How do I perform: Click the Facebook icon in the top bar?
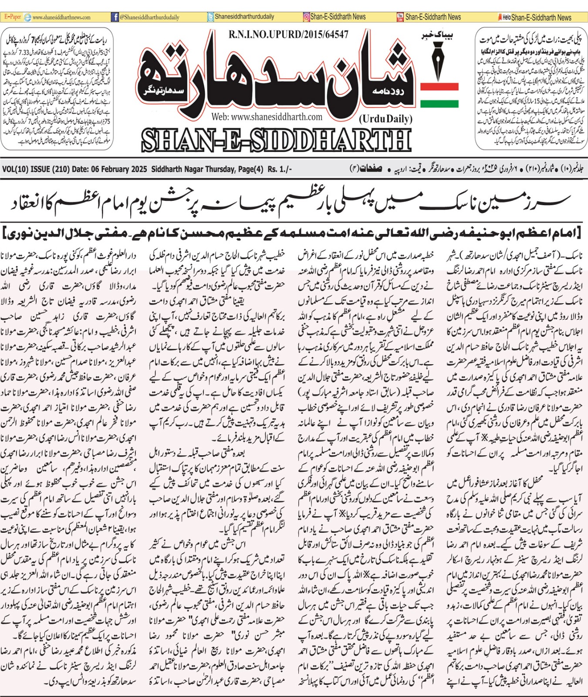point(115,17)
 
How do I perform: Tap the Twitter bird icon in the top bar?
point(211,17)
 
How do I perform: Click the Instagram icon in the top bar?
point(307,17)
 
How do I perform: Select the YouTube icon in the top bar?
point(400,17)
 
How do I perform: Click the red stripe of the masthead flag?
point(439,86)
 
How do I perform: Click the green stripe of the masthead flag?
point(439,104)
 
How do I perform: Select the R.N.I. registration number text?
point(288,34)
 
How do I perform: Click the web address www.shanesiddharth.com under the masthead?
point(267,117)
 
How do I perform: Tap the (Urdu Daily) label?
point(385,118)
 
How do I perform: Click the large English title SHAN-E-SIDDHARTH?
point(276,140)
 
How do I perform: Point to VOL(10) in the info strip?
point(15,169)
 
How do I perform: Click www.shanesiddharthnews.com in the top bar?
point(61,17)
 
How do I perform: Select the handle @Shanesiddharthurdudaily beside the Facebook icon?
point(149,17)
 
